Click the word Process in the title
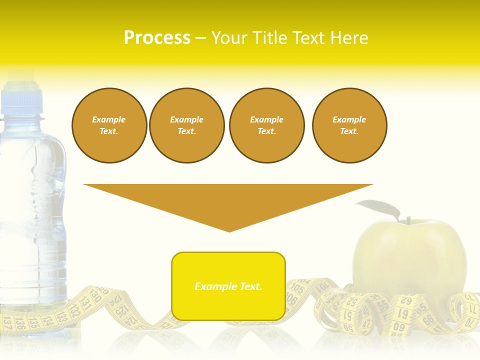coord(157,38)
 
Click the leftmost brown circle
coord(109,125)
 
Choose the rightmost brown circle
coord(349,125)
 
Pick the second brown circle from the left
coord(187,125)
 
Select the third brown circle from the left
coord(267,125)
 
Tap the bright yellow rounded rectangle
coord(228,286)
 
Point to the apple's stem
coord(408,220)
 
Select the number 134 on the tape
coord(47,318)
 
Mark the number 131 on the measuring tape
coord(85,303)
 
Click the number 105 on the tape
coord(297,288)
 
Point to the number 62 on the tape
coord(405,301)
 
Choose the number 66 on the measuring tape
coord(428,320)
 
